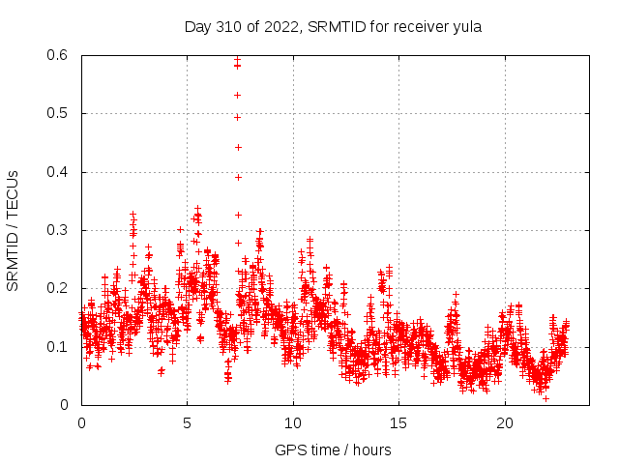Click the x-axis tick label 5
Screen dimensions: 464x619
point(188,422)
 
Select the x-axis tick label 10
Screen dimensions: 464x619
point(293,422)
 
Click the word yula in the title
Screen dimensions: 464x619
point(466,27)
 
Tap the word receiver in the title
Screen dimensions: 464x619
point(419,27)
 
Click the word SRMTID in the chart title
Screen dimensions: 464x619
point(335,27)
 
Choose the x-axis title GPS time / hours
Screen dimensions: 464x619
point(333,449)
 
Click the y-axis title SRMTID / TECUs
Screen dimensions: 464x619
point(14,230)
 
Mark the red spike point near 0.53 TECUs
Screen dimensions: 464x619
point(237,95)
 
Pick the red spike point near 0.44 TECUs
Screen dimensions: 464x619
point(238,147)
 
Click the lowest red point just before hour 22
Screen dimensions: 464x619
point(545,398)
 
